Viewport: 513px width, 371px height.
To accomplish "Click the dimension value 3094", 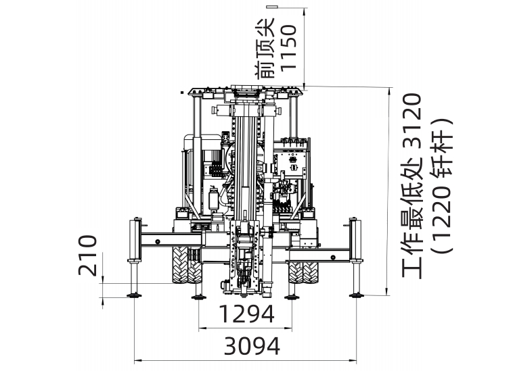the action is [252, 346].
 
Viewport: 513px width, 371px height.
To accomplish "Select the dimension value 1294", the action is [246, 314].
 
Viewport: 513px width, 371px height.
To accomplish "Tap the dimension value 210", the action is [88, 255].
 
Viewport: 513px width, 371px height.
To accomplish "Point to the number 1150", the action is [288, 47].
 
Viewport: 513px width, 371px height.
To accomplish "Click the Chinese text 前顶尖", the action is [265, 49].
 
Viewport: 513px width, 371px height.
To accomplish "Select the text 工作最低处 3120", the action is [411, 185].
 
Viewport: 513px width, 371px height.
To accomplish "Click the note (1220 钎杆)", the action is [443, 185].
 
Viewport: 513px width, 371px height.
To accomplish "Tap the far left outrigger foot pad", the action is [134, 295].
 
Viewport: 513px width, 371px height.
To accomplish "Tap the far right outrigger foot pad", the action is [357, 295].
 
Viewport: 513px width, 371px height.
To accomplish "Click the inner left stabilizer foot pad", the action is [198, 297].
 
